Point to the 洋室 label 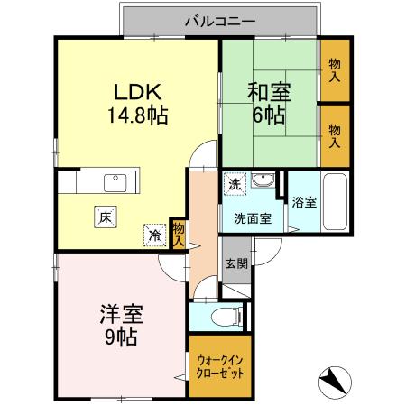(121, 317)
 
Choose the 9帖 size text (121, 338)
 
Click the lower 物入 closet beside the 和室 (336, 136)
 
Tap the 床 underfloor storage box (105, 217)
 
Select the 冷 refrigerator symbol (154, 235)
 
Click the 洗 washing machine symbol (234, 184)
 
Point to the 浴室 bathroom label (304, 202)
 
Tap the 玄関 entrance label (236, 263)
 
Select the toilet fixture (229, 317)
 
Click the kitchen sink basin (115, 183)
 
